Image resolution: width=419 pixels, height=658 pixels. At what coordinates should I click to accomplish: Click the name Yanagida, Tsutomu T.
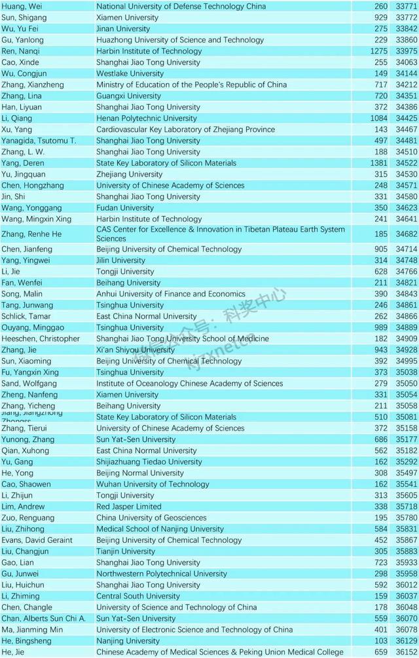tap(39, 141)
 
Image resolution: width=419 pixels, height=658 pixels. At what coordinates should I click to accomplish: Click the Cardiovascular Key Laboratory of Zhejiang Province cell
tap(185, 130)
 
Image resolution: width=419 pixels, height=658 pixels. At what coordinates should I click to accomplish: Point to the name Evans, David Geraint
tap(37, 540)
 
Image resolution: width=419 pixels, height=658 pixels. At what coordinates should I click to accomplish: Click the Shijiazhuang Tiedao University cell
tap(149, 462)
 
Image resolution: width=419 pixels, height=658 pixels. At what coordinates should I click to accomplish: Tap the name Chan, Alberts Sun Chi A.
tap(43, 618)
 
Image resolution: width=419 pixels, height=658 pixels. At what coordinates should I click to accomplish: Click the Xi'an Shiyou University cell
tap(136, 350)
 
